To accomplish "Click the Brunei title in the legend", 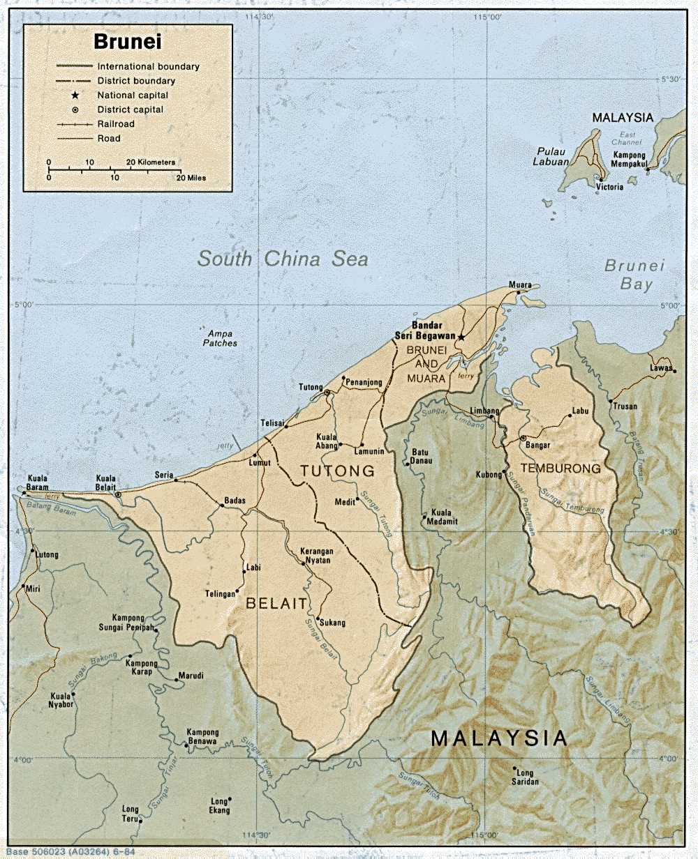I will click(128, 43).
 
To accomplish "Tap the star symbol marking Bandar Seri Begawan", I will click(461, 337).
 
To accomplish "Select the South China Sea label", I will click(282, 259).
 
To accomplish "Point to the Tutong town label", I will click(311, 388).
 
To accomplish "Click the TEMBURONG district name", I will click(560, 469).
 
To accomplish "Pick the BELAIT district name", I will click(276, 604).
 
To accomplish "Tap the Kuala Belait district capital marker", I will click(118, 494).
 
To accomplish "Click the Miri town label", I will click(33, 589).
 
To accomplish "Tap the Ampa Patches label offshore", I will click(220, 338).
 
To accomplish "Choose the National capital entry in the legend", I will click(133, 95).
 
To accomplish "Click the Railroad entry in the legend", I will click(116, 124).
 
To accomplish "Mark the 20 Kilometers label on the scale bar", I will click(151, 162).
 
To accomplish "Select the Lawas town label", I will click(660, 367).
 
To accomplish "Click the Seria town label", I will click(164, 475).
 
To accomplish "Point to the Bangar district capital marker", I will click(523, 438).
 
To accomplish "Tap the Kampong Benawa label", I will click(202, 737).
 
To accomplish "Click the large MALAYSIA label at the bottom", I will click(498, 738).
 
